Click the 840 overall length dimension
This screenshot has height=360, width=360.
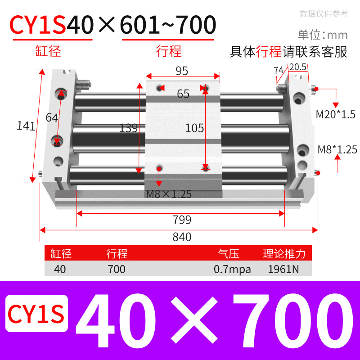click(x=182, y=237)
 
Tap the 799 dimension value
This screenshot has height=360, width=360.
click(x=182, y=220)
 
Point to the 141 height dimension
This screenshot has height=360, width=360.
click(x=26, y=126)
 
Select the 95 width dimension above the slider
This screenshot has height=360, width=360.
click(x=182, y=71)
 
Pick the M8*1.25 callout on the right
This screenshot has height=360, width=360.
click(x=337, y=149)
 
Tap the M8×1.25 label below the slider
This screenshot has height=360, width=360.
click(x=169, y=194)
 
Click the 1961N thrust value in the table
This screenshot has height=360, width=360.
click(x=283, y=270)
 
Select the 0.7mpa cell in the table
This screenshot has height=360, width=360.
click(x=232, y=270)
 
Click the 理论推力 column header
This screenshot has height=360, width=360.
click(x=284, y=254)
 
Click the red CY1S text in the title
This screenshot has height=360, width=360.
click(x=38, y=26)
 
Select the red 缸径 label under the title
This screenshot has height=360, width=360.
click(x=48, y=51)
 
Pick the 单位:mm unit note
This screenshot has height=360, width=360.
click(x=323, y=35)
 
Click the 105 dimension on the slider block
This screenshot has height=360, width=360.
click(x=195, y=128)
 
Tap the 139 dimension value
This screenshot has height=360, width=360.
click(x=128, y=128)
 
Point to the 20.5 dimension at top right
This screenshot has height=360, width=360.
click(x=298, y=67)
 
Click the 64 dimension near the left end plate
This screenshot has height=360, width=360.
click(x=52, y=118)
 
